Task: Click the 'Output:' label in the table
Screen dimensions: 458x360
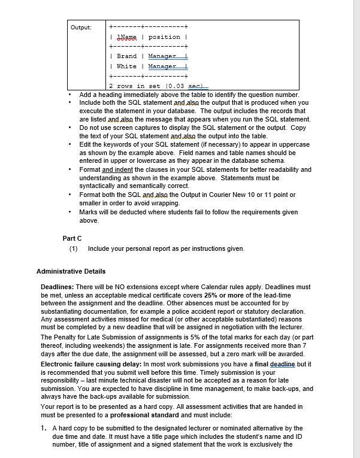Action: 80,28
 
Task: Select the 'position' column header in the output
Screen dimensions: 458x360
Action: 164,37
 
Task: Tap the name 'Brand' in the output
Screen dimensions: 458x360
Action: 126,56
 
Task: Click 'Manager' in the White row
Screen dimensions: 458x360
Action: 162,66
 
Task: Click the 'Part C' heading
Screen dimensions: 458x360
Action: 72,238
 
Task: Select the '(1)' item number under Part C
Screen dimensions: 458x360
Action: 73,248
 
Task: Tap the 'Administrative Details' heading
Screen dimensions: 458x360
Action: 71,271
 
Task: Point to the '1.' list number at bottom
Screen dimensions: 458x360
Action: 44,429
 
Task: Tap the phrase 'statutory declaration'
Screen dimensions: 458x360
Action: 271,311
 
